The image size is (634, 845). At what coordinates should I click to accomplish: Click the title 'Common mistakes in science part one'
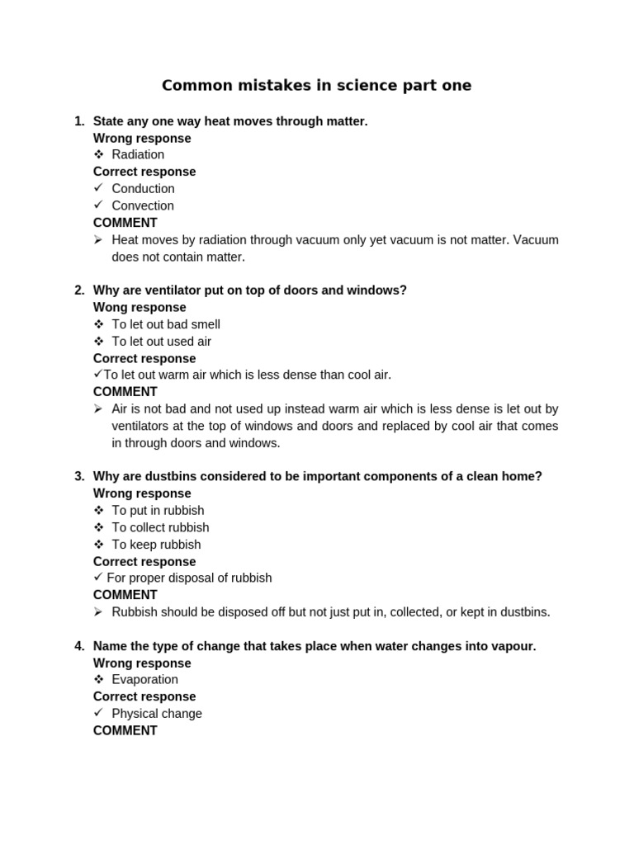[x=316, y=86]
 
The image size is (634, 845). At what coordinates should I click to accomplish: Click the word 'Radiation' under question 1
[x=138, y=154]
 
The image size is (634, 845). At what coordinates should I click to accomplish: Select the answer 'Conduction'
[x=143, y=188]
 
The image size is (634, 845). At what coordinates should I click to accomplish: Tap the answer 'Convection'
[x=143, y=205]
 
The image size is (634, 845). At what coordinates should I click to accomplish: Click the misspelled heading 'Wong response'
[x=140, y=308]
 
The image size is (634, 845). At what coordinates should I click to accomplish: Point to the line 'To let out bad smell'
[x=166, y=324]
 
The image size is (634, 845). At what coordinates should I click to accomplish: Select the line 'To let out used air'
[x=162, y=342]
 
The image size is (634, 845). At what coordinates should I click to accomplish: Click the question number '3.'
[x=79, y=476]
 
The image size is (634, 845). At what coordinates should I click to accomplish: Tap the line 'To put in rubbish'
[x=158, y=511]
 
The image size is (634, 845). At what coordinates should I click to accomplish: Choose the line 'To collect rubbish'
[x=160, y=527]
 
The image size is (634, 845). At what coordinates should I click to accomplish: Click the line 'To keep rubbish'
[x=156, y=545]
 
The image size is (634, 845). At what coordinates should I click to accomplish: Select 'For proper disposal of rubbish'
[x=189, y=578]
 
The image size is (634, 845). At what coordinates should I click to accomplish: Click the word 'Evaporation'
[x=144, y=680]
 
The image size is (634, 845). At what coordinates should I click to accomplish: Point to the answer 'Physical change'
[x=157, y=714]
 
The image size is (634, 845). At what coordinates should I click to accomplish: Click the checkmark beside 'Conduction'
[x=98, y=188]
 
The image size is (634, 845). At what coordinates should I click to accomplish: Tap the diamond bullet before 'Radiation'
[x=98, y=154]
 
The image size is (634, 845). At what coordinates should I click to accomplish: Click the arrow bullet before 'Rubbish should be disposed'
[x=98, y=612]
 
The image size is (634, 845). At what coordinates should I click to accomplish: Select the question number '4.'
[x=79, y=646]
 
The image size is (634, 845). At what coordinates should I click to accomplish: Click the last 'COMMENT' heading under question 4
[x=125, y=731]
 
